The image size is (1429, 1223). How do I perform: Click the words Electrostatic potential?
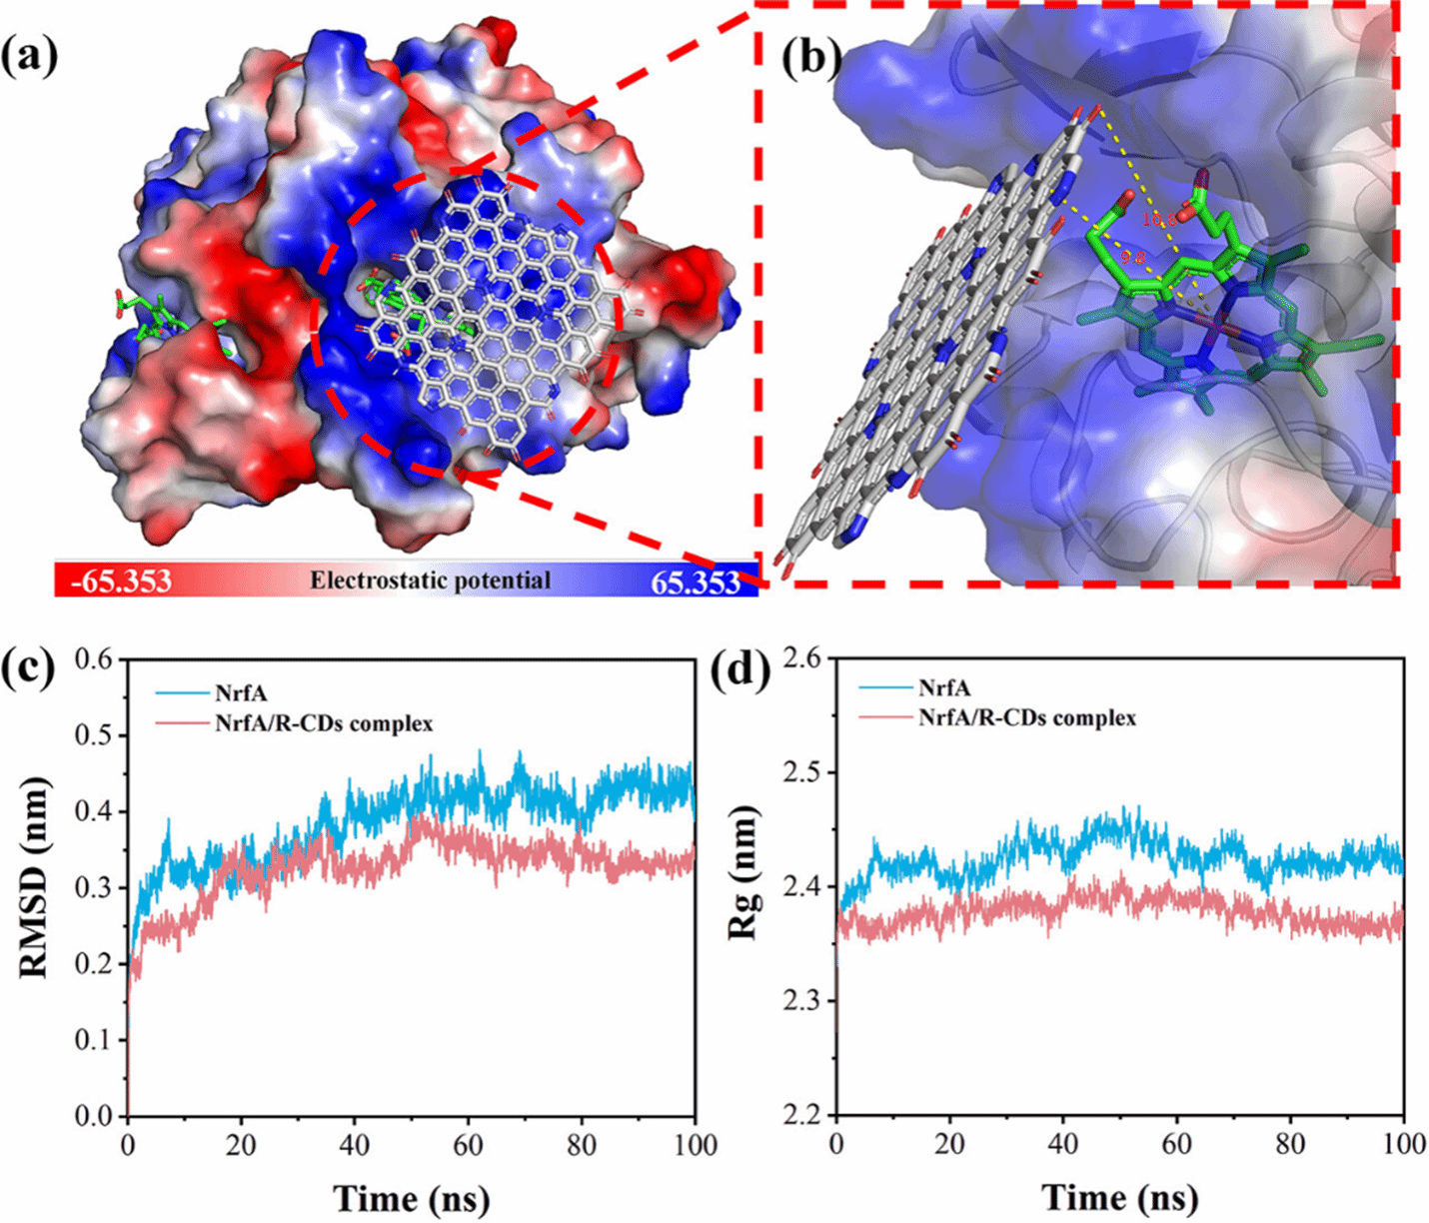coord(430,581)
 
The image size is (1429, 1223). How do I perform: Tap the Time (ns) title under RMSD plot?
coord(411,1196)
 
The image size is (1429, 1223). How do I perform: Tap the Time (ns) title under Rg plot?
coord(1120,1196)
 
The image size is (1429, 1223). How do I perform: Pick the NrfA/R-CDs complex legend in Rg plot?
coord(1027,718)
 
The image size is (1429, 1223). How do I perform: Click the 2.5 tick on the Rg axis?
coord(804,773)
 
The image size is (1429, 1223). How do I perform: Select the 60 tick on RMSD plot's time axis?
coord(468,1145)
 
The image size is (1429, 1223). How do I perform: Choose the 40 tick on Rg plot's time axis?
coord(1063,1145)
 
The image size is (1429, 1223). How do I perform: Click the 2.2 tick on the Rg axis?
coord(804,1115)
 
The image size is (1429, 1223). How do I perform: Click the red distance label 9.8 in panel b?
coord(1132,257)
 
